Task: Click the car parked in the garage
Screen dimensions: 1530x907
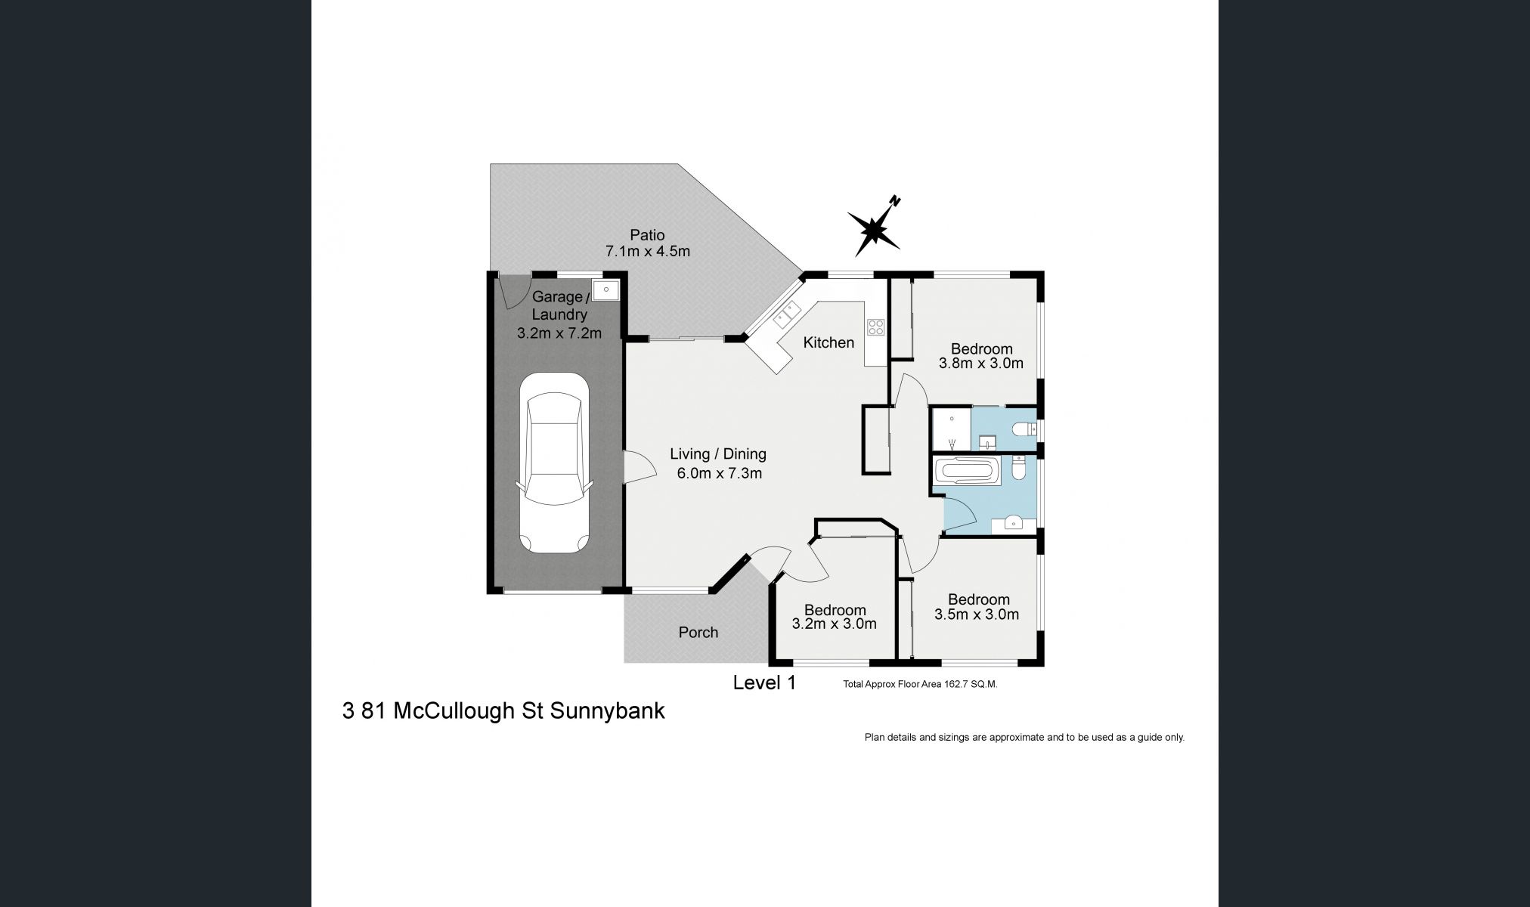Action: coord(555,463)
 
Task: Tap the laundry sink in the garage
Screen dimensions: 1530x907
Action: coord(606,289)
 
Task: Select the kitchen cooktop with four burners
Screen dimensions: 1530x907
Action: coord(875,327)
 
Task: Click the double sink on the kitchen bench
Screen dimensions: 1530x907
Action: coord(782,313)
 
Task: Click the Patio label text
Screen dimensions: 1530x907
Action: coord(647,235)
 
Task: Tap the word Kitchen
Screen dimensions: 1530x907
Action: coord(828,342)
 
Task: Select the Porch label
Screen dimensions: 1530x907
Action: coord(698,633)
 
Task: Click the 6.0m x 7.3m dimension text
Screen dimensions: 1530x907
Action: coord(719,474)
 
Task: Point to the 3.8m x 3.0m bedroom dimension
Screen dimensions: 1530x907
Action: coord(981,363)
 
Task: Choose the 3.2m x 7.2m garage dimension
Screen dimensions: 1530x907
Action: coord(559,333)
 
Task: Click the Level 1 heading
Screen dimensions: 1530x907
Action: coord(764,683)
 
